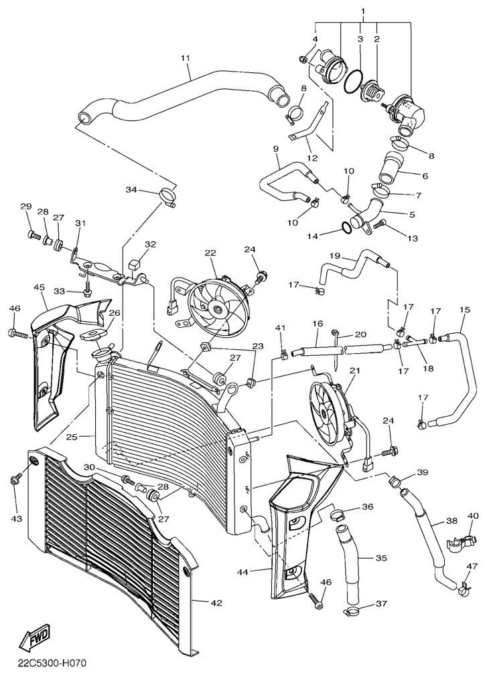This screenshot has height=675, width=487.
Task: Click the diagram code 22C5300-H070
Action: click(48, 662)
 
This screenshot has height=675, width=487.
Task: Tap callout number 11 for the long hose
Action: click(186, 58)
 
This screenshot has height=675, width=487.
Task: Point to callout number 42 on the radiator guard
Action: click(216, 603)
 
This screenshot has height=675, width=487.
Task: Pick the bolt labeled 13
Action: click(380, 224)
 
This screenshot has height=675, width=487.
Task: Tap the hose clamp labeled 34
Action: click(167, 196)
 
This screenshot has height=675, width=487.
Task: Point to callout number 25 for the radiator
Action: click(72, 437)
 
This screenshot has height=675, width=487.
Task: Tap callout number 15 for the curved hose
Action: click(464, 310)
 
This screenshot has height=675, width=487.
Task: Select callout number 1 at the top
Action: click(363, 9)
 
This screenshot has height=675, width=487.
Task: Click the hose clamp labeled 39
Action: click(395, 480)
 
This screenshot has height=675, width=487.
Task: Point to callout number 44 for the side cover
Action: click(242, 572)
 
